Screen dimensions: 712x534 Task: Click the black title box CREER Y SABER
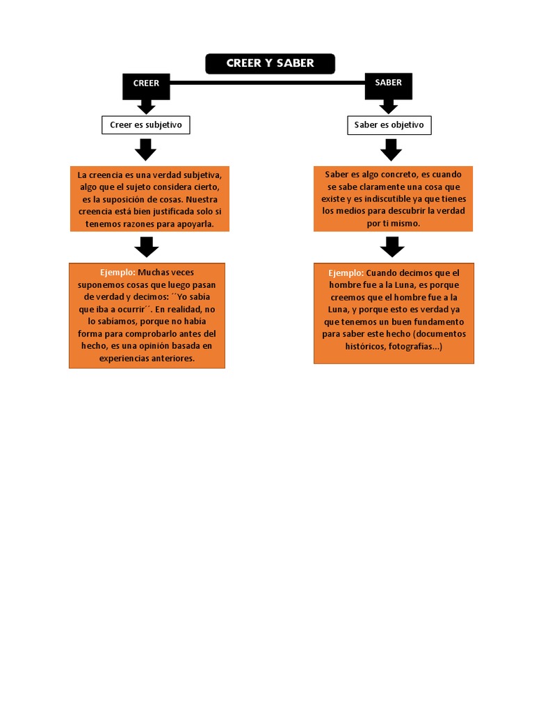pos(270,63)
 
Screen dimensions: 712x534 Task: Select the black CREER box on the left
pos(146,83)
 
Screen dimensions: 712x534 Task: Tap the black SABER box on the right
pos(388,83)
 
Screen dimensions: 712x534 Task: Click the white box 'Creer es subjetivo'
pos(146,125)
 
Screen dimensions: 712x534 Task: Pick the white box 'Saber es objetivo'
pos(389,125)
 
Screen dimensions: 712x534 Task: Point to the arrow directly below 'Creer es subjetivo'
pos(146,149)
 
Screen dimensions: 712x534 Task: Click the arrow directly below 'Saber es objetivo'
pos(391,149)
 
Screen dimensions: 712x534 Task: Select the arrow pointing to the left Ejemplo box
pos(146,247)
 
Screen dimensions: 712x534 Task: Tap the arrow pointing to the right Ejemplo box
pos(392,247)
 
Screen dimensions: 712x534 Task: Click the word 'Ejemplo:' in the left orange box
pos(118,273)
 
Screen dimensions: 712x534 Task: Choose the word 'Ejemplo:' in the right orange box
pos(346,273)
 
